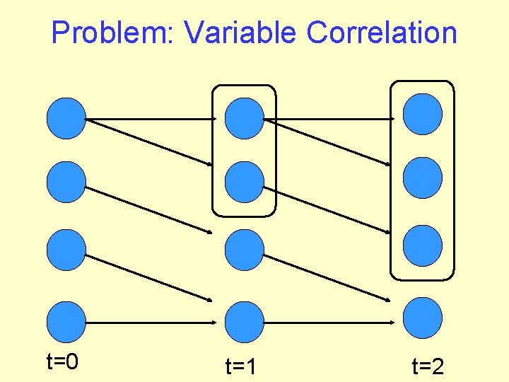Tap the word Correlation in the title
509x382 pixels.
[382, 33]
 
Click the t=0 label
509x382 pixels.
[62, 362]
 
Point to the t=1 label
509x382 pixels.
[240, 366]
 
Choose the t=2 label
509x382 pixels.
[428, 366]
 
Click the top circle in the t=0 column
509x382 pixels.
[66, 117]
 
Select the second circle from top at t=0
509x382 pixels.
[66, 182]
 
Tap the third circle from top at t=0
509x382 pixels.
[66, 250]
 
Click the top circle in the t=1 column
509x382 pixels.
[244, 117]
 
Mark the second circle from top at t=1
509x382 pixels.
[244, 182]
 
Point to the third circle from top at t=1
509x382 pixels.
[244, 250]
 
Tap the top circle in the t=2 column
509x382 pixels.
[423, 114]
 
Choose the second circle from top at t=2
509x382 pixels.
[423, 177]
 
